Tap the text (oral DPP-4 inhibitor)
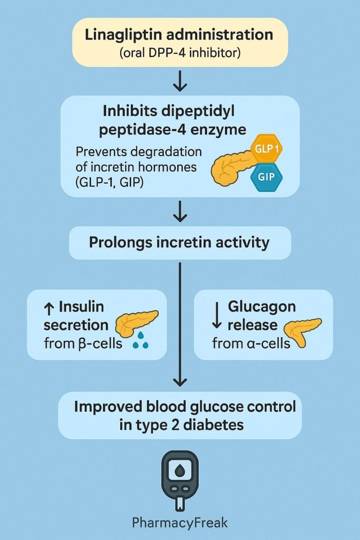click(180, 53)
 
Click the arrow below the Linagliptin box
click(180, 82)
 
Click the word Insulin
click(81, 307)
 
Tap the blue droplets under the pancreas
click(140, 344)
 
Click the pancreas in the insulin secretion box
click(136, 323)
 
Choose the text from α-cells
click(251, 344)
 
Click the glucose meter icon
click(180, 479)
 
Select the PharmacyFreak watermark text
click(180, 523)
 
